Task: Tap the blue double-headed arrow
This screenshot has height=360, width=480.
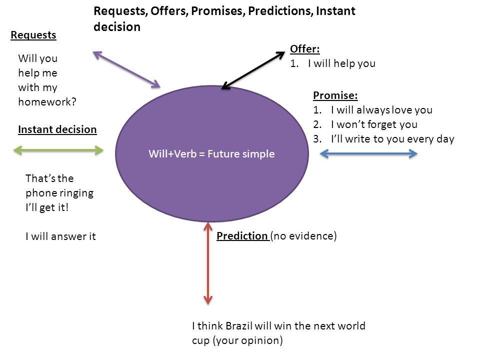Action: [368, 154]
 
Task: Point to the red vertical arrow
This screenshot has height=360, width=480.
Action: [208, 263]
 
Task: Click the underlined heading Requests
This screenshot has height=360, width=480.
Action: [33, 35]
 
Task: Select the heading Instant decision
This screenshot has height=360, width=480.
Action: [57, 129]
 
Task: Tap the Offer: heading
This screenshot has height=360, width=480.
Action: [304, 49]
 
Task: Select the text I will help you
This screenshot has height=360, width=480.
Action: [341, 63]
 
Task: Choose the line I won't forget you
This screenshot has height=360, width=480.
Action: [373, 124]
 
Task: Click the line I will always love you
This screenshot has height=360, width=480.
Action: [381, 109]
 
